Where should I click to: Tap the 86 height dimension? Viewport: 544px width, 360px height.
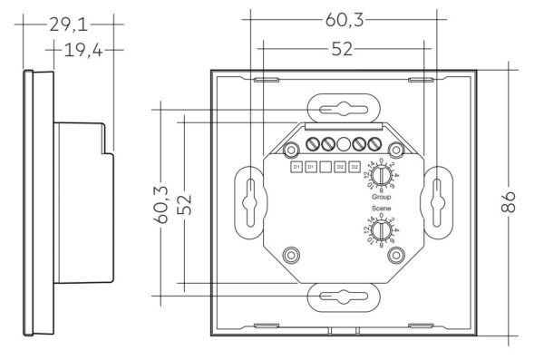coord(513,199)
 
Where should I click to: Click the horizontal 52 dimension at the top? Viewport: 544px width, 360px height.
coord(341,50)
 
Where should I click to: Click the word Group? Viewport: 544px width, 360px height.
coord(380,195)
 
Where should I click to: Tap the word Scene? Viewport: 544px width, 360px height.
coord(380,208)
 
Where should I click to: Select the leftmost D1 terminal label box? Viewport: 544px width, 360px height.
coord(296,167)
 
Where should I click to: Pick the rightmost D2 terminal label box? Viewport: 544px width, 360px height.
coord(355,167)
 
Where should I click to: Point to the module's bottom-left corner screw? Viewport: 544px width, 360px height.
coord(290,254)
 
